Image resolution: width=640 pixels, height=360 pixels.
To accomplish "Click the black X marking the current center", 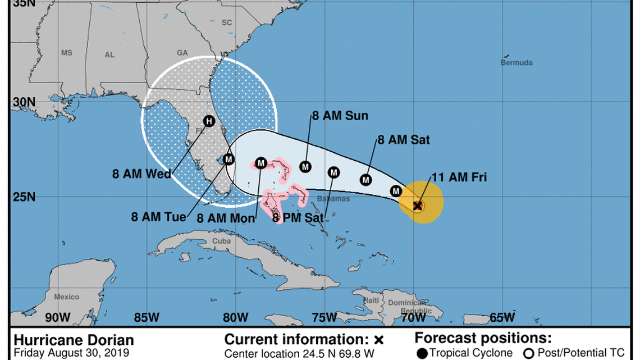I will coord(418,206).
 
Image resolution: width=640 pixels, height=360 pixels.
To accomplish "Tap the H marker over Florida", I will coord(209,121).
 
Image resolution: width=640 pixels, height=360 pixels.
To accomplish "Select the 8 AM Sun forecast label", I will coord(340,116).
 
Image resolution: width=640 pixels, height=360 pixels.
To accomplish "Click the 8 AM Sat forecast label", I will coord(404,140).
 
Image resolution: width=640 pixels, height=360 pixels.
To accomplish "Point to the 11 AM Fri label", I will coord(459,177).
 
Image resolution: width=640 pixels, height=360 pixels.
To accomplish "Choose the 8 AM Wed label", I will coord(141,174).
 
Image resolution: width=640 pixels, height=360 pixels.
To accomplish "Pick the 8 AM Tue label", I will coord(159,217).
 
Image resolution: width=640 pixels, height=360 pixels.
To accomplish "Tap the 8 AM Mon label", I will coord(226,218).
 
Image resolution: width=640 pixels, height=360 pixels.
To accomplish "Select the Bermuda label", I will coord(516,63).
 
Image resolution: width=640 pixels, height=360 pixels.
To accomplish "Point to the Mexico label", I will coord(67,297).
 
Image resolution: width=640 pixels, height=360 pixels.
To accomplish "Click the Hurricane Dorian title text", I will coord(74,340).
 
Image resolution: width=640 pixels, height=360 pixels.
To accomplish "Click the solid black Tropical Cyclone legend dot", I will coord(422,353).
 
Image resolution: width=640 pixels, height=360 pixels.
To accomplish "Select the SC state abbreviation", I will coord(227,22).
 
